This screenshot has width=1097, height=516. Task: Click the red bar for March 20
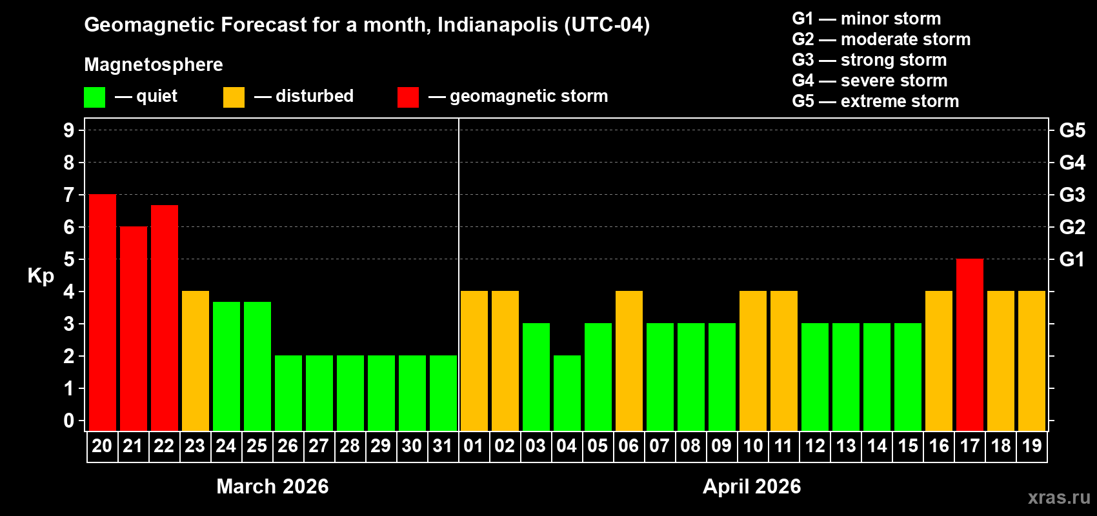[103, 313]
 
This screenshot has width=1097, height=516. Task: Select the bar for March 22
[165, 318]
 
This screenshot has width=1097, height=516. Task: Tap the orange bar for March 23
[196, 361]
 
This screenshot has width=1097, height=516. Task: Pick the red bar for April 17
[970, 345]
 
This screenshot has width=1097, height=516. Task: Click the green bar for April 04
[567, 393]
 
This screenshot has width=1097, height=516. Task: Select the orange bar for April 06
[629, 361]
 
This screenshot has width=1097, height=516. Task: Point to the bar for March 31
[443, 393]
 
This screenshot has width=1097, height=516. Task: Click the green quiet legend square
[95, 97]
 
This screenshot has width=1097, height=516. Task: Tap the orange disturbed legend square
[234, 97]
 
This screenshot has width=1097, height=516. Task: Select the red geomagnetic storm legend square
[408, 97]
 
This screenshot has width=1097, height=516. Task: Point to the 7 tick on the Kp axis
[69, 195]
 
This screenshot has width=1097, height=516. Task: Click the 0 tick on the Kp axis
[69, 421]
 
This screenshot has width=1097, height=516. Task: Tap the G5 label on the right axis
[1072, 130]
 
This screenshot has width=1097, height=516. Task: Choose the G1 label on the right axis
[1072, 259]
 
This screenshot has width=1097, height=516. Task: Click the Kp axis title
[41, 275]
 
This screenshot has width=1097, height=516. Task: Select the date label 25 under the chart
[257, 446]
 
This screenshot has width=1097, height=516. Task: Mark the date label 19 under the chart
[1032, 446]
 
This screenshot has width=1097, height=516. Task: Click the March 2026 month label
[272, 486]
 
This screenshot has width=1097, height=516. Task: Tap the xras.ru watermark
[1059, 497]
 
